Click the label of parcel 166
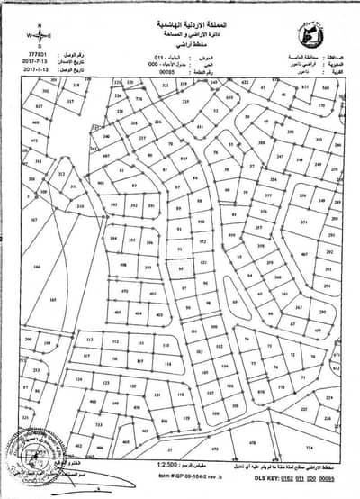tap(37, 267)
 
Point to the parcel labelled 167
tap(33, 219)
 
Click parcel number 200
tap(30, 339)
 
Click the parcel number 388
tap(261, 141)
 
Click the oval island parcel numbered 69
tap(236, 302)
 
